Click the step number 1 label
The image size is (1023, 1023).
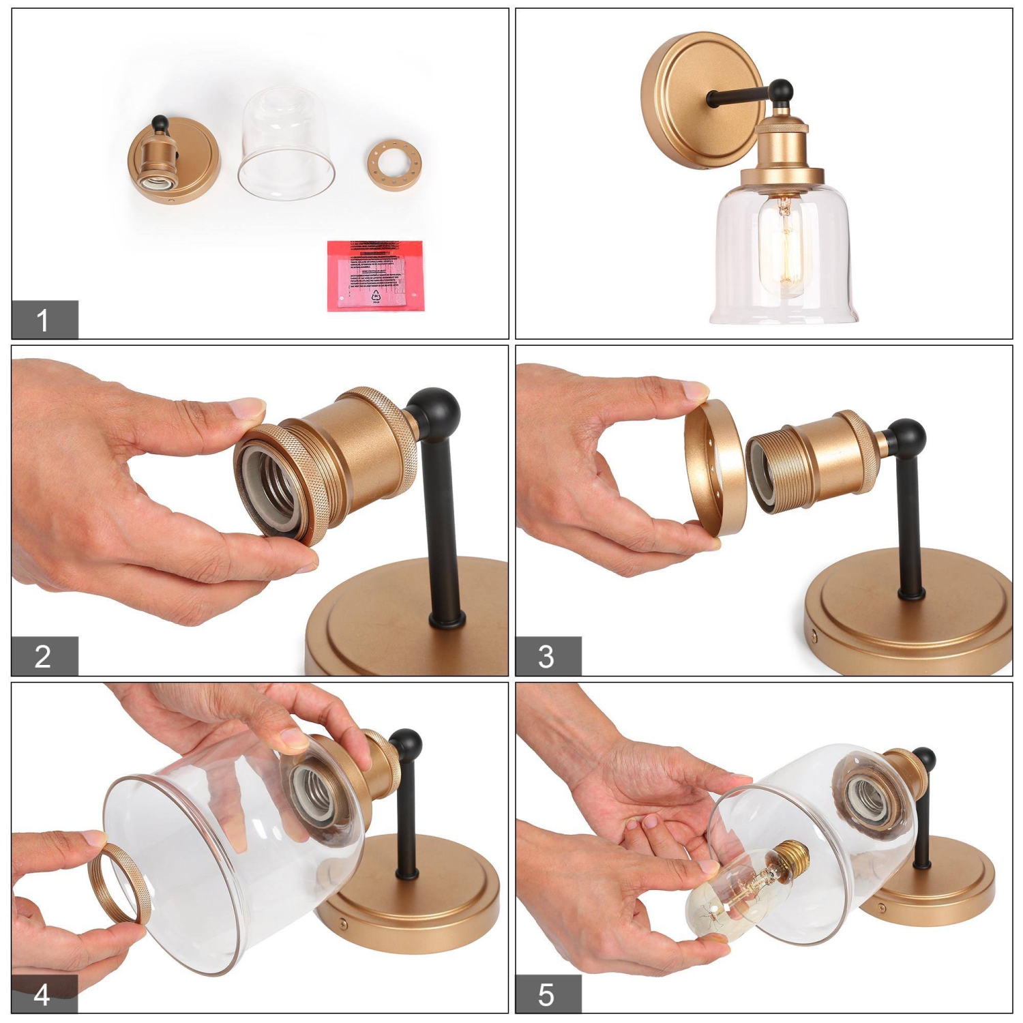(44, 320)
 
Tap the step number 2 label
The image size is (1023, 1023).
(44, 656)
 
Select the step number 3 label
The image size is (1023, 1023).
(547, 656)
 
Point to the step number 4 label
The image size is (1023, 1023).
(44, 994)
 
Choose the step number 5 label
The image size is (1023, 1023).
(547, 994)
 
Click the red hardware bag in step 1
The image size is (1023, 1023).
(375, 276)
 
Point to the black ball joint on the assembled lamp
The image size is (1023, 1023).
(780, 90)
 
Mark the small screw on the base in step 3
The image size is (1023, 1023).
(816, 636)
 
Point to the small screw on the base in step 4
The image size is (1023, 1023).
(343, 925)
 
